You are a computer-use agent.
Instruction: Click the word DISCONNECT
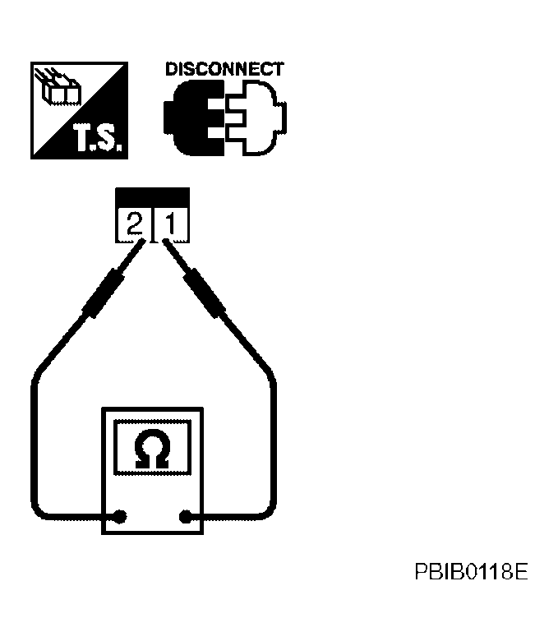click(224, 69)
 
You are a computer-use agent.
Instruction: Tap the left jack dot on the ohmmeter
click(121, 517)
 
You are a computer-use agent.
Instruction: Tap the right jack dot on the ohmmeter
click(186, 517)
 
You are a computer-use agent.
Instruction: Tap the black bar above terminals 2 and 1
click(153, 197)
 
